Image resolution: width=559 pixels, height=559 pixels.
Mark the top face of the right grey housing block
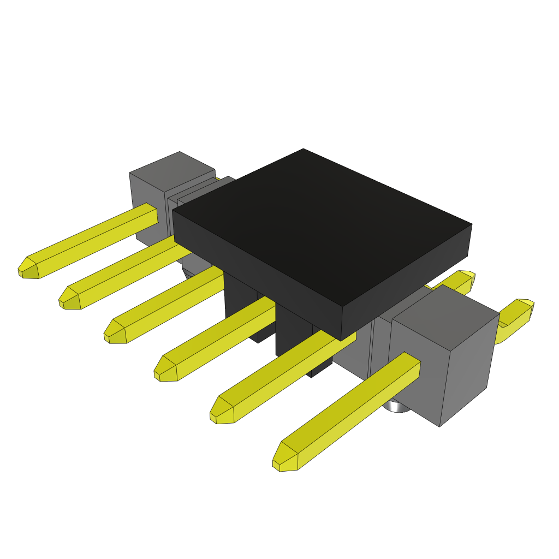pos(445,317)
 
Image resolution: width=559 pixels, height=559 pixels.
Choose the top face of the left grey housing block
pos(172,170)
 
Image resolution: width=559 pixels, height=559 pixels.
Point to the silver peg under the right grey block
pos(396,406)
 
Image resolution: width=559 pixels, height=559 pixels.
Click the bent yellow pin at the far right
pos(516,317)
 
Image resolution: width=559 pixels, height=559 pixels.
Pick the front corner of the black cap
pos(342,322)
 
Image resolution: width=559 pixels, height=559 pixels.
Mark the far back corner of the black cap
pos(303,150)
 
